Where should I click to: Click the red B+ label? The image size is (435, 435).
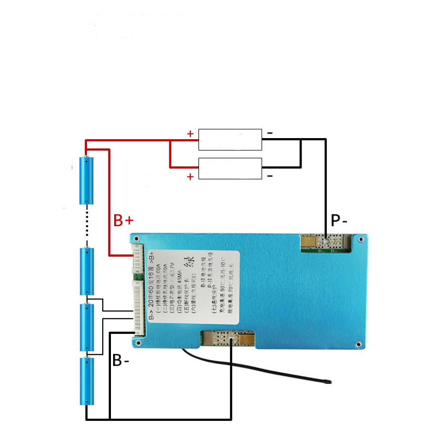pyautogui.click(x=123, y=220)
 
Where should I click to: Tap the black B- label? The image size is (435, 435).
pyautogui.click(x=121, y=361)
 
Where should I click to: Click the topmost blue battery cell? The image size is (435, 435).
pyautogui.click(x=87, y=180)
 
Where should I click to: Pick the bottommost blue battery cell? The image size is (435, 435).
pyautogui.click(x=87, y=381)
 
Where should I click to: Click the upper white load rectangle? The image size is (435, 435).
pyautogui.click(x=230, y=140)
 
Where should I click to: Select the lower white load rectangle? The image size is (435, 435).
pyautogui.click(x=230, y=169)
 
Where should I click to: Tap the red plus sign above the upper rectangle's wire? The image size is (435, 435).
pyautogui.click(x=190, y=134)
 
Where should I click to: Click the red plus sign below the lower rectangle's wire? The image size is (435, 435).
pyautogui.click(x=190, y=177)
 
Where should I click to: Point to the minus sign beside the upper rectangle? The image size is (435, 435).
pyautogui.click(x=270, y=133)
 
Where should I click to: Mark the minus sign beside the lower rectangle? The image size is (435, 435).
pyautogui.click(x=270, y=176)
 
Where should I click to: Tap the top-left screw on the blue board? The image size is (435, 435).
pyautogui.click(x=136, y=239)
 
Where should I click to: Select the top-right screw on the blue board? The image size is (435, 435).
pyautogui.click(x=360, y=239)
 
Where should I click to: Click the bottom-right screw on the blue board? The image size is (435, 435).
pyautogui.click(x=358, y=344)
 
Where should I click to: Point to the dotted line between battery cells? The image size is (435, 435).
pyautogui.click(x=87, y=225)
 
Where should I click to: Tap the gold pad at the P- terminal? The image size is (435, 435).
pyautogui.click(x=308, y=241)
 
